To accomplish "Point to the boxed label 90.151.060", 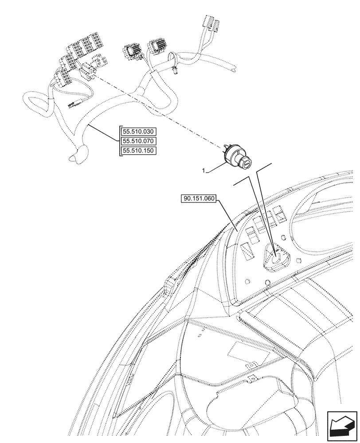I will pyautogui.click(x=198, y=199).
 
